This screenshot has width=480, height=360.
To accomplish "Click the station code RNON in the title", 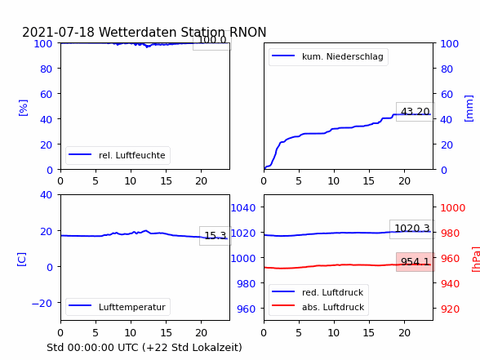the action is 247,32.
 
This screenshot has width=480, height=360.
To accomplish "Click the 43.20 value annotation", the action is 415,112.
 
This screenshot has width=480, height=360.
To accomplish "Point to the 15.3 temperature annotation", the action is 216,235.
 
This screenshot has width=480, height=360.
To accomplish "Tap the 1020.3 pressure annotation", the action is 412,229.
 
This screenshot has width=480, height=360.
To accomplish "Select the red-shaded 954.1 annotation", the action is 415,262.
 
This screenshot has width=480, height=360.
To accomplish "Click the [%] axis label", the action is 23,108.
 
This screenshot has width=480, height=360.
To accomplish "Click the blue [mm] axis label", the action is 469,109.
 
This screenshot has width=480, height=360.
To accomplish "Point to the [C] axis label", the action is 22,260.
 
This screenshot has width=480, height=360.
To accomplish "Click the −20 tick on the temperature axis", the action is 42,304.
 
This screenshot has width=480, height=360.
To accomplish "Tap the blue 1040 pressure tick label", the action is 243,208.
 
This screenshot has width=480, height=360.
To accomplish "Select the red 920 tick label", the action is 450,309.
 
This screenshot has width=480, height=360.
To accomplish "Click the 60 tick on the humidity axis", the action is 47,94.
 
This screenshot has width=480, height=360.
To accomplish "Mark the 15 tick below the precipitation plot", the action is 369,181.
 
